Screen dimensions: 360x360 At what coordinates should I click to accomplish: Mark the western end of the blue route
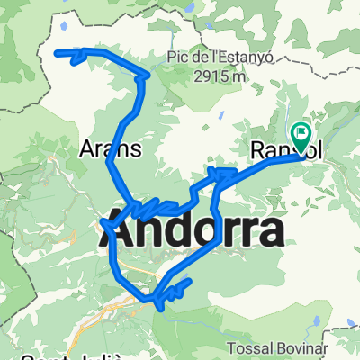[x=58, y=52]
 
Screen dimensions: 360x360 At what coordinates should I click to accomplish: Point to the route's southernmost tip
[x=160, y=309]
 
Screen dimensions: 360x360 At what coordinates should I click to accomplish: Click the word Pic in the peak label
[x=176, y=59]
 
